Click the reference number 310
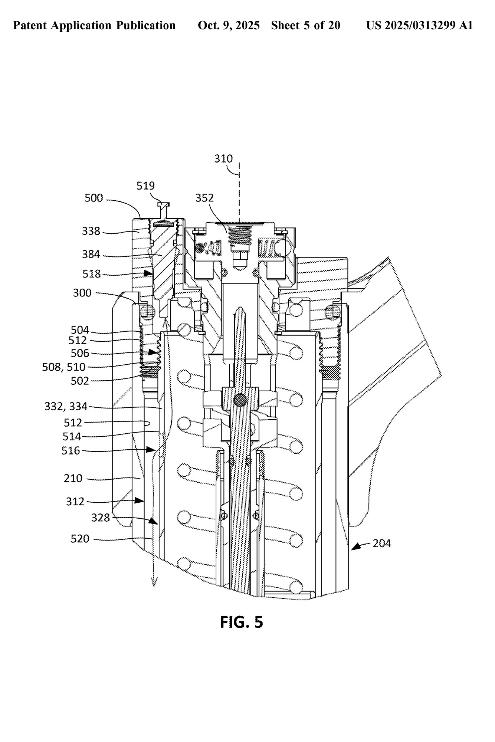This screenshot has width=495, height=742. point(223,159)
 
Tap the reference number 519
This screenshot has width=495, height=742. point(145,185)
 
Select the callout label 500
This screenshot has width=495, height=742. point(94,198)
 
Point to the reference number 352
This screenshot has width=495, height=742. point(205,198)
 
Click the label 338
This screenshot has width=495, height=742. point(91,231)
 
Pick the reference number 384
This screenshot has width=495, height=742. point(91,254)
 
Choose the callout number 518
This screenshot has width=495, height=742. point(92,274)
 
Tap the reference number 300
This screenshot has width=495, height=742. point(82,293)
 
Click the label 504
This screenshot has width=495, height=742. point(80,330)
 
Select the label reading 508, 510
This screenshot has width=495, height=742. point(64,367)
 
